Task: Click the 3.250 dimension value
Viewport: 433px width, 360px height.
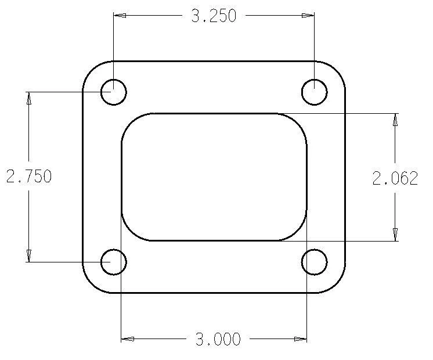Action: point(214,16)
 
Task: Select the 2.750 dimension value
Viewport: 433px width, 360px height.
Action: point(29,176)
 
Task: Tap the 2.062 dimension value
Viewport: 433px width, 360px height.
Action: point(395,178)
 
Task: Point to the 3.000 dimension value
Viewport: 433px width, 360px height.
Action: point(218,339)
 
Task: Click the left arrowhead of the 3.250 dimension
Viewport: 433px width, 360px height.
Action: point(120,16)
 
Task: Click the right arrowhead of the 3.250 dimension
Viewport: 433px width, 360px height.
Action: point(308,16)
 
